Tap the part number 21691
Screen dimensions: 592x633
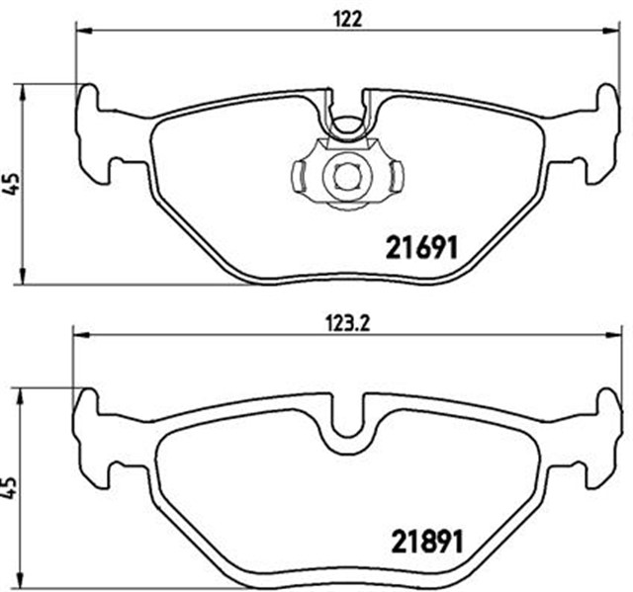pos(419,248)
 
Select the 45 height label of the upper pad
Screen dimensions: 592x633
pos(11,184)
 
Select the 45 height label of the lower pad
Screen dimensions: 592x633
pos(11,488)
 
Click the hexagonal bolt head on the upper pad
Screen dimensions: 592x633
pos(344,177)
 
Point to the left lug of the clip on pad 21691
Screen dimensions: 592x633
pos(299,177)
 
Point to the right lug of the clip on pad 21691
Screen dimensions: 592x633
pos(396,177)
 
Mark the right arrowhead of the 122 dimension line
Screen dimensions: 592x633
pos(611,31)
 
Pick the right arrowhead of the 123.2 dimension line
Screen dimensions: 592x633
pos(613,335)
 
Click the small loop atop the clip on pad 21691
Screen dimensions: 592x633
pos(345,127)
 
